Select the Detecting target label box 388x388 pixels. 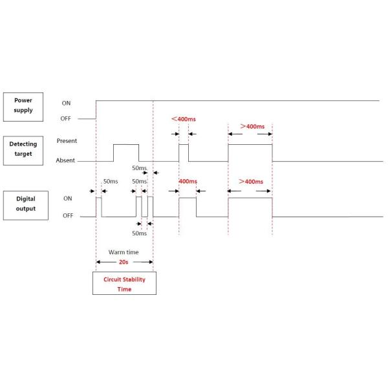tap(25, 150)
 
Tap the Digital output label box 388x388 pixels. tap(25, 204)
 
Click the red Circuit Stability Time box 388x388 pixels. tap(124, 284)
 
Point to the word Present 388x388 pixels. tap(67, 140)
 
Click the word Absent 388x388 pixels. tap(66, 160)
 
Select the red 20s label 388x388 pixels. tap(124, 262)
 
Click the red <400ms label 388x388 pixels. tap(184, 119)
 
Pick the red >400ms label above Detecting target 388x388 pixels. tap(252, 126)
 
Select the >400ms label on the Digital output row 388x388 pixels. tap(251, 182)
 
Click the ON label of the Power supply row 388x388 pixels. tap(66, 103)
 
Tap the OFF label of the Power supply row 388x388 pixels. tap(66, 118)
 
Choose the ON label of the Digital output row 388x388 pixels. tap(67, 199)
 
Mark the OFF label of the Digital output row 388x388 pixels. tap(67, 215)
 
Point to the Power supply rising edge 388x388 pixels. tap(96, 110)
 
